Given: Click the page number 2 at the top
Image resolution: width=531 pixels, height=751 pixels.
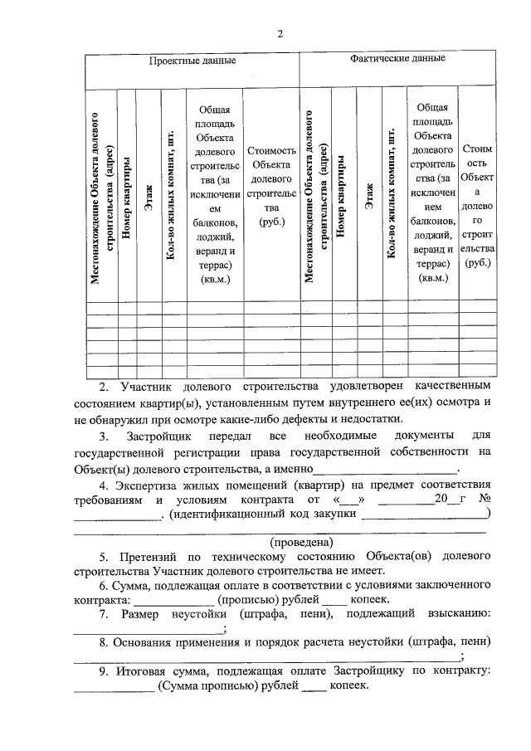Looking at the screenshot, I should [x=280, y=34].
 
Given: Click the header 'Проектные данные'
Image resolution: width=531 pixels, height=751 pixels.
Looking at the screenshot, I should [x=192, y=61].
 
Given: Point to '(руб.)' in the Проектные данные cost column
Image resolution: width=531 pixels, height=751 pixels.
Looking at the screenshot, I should [x=271, y=222].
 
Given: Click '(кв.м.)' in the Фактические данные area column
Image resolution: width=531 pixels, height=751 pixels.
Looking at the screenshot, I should [x=431, y=279].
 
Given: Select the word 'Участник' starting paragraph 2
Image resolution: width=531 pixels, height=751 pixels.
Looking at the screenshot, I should [x=147, y=387].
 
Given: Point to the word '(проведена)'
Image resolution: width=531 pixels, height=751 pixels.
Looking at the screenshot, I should [x=280, y=540].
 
